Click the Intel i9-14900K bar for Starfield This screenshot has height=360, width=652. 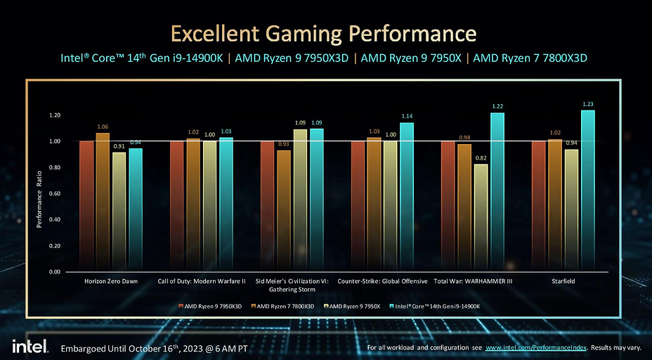click(x=588, y=191)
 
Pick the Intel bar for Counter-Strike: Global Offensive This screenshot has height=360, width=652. click(x=407, y=197)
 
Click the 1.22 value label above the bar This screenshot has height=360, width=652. click(x=497, y=106)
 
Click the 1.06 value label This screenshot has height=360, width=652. click(x=103, y=127)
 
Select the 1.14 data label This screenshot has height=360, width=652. click(x=407, y=116)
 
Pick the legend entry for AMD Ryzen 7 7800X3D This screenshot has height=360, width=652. click(x=285, y=307)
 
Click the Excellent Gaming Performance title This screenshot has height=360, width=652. click(x=325, y=33)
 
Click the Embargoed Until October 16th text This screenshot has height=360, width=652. click(x=154, y=348)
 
